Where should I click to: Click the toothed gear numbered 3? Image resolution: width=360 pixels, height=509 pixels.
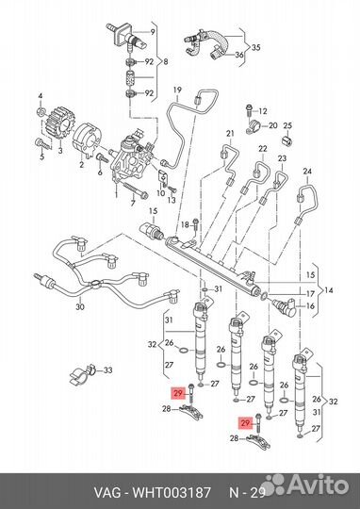point(60,124)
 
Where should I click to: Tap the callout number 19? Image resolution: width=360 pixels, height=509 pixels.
point(177,90)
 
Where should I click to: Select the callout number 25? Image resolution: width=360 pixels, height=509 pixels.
point(287,125)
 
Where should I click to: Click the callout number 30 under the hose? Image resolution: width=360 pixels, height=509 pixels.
point(80,306)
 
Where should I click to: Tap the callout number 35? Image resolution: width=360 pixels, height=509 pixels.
point(256,47)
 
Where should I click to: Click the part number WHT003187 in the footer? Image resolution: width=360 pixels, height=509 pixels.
point(171,493)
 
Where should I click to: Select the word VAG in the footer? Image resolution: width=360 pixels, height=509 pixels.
point(107,493)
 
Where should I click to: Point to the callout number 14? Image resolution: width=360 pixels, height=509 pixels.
point(328,289)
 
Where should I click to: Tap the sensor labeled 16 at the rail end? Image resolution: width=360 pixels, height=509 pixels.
point(285,305)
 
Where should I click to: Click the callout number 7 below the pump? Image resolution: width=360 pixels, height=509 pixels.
point(133,204)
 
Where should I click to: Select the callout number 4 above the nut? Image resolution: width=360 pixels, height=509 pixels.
point(41,96)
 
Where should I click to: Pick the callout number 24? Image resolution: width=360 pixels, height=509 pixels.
point(307,171)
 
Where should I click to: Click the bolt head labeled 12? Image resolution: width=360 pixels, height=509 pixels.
point(249,107)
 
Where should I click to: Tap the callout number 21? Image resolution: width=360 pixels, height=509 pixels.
point(230,133)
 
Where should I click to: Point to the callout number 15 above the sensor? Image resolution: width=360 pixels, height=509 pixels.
point(153,211)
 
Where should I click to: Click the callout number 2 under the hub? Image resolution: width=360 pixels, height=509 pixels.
point(81,165)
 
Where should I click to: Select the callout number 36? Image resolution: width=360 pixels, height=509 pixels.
point(239,55)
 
